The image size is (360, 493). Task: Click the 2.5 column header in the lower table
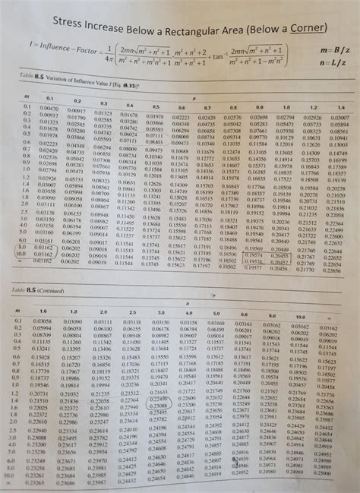coord(132,312)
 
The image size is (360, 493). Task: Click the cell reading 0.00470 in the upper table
coord(48,108)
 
